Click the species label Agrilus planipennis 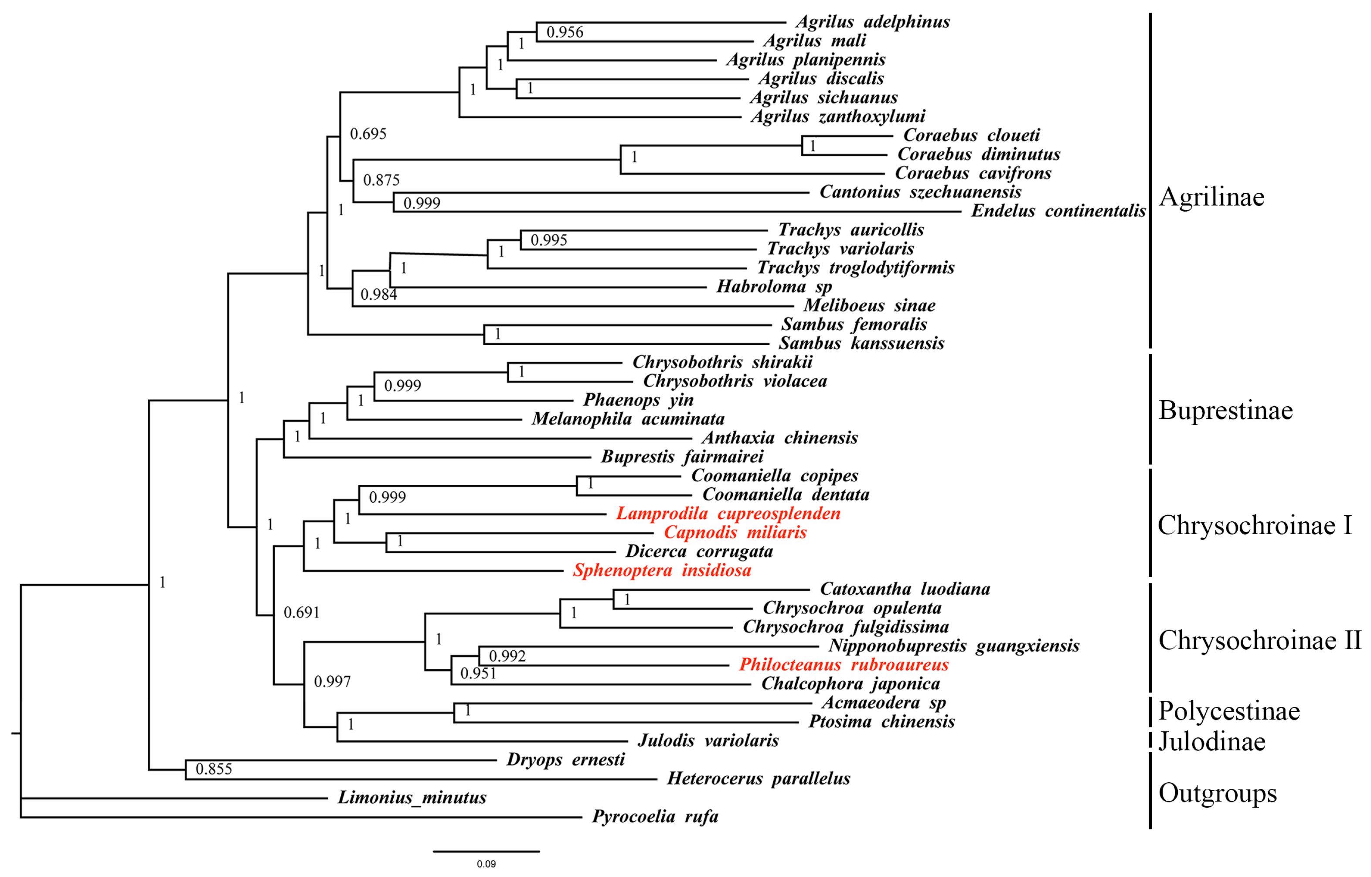click(806, 60)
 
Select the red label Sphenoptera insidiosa click(662, 570)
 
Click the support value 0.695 click(368, 134)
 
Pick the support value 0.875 click(381, 180)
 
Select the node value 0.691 click(301, 613)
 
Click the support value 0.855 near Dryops click(214, 769)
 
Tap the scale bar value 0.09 click(486, 864)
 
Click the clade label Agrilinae click(1211, 197)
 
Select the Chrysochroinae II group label click(1259, 641)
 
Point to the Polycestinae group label click(1228, 711)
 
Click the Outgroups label click(1217, 793)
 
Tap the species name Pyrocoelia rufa click(655, 817)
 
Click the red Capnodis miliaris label click(735, 533)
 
